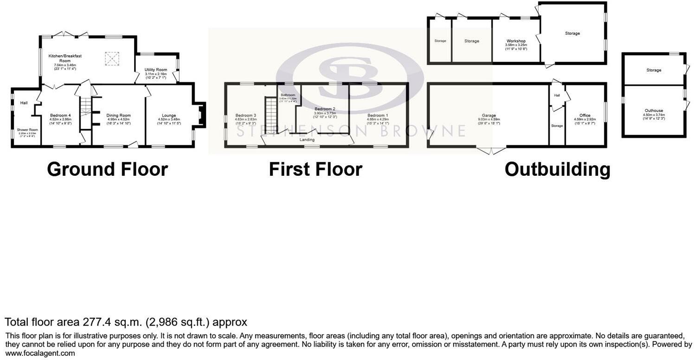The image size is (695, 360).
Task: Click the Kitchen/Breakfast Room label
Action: [x=65, y=58]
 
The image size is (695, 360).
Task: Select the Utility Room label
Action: [x=155, y=70]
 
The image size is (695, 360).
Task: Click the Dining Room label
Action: [x=118, y=116]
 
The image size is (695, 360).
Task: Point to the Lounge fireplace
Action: [x=200, y=115]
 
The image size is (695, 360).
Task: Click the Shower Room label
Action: [x=27, y=130]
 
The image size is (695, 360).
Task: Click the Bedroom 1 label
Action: [x=378, y=116]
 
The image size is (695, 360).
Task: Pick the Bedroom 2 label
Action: [x=325, y=109]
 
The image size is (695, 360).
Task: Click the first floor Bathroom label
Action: [x=287, y=95]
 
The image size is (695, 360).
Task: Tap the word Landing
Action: [x=307, y=140]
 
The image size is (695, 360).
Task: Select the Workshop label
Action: [x=515, y=41]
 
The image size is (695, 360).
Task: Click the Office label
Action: [x=585, y=116]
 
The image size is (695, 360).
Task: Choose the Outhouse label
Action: [x=653, y=111]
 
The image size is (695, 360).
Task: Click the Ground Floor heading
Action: [x=107, y=169]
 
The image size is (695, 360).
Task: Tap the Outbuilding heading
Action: [x=557, y=169]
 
